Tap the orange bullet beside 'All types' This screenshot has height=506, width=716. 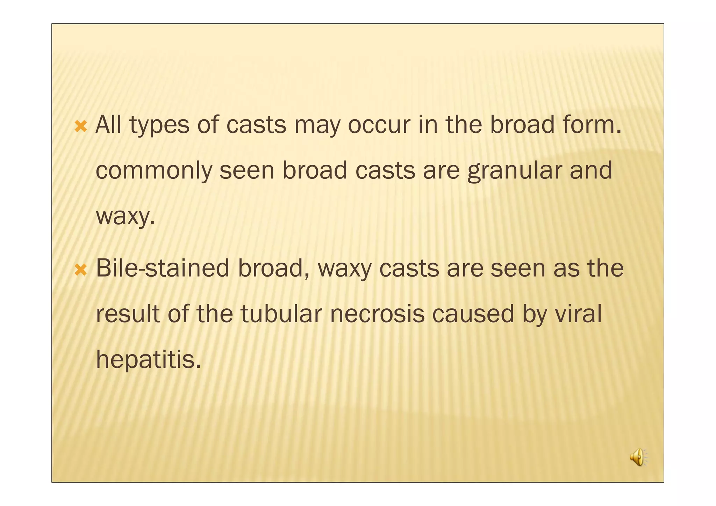81,126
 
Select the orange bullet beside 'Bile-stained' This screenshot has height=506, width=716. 81,270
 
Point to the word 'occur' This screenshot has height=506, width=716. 379,125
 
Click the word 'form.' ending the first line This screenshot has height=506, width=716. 592,125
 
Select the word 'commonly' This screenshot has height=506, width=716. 154,171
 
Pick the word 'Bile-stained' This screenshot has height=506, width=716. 163,268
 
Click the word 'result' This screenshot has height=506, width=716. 128,314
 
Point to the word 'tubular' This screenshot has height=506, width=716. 281,314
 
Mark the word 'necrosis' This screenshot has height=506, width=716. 377,314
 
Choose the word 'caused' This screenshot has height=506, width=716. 473,314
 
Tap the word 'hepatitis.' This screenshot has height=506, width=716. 149,360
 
